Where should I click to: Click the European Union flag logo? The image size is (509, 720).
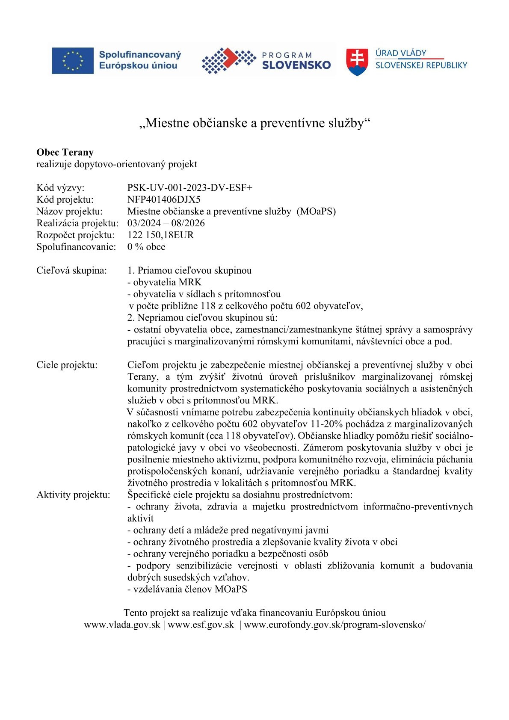coord(73,60)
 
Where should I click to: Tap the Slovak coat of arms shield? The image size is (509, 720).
coord(357,62)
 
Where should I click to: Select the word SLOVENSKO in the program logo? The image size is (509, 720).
coord(296,65)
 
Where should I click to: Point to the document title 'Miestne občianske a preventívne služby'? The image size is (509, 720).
coord(254,123)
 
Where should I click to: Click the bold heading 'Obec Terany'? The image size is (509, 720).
coord(65,152)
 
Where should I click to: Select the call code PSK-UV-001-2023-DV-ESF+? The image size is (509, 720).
coord(189,188)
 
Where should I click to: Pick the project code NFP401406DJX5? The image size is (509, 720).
coord(164,199)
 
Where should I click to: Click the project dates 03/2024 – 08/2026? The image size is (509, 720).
coord(166,223)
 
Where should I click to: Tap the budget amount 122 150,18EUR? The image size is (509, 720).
coord(160,235)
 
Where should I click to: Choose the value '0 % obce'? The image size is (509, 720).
coord(146,247)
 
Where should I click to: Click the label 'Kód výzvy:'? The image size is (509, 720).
coord(60,188)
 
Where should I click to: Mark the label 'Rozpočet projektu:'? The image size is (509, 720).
coord(76,235)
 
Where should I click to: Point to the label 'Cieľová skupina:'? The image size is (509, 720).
coord(72,270)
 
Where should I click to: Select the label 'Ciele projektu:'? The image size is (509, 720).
coord(67,365)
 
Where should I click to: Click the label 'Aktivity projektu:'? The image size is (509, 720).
coord(73,495)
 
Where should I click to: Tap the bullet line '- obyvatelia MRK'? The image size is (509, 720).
coord(164,282)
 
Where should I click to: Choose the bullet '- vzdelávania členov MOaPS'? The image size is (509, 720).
coord(187,589)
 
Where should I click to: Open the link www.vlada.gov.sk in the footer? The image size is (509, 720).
coord(122,625)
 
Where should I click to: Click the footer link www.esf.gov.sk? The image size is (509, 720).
coord(201,625)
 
